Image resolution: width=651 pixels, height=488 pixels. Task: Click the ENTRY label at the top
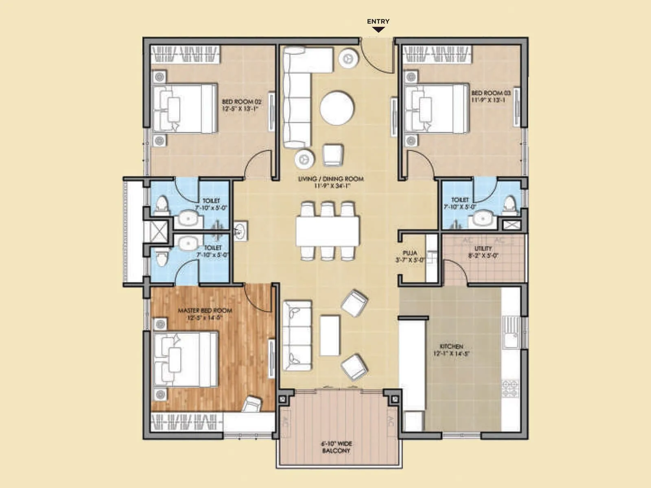pyautogui.click(x=378, y=22)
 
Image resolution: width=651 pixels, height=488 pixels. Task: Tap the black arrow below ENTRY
pyautogui.click(x=378, y=30)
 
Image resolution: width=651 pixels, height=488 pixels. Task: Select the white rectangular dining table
pyautogui.click(x=328, y=231)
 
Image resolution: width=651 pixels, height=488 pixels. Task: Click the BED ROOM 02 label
pyautogui.click(x=241, y=105)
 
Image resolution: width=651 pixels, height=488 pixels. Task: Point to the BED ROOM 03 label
pyautogui.click(x=490, y=96)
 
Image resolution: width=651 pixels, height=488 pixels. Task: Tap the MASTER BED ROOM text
pyautogui.click(x=205, y=314)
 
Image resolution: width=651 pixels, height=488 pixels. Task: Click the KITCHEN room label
pyautogui.click(x=451, y=350)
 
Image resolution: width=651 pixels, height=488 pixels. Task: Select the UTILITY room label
pyautogui.click(x=483, y=252)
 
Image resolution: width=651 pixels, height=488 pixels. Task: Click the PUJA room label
pyautogui.click(x=410, y=256)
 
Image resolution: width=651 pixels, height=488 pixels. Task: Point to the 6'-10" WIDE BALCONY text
pyautogui.click(x=336, y=447)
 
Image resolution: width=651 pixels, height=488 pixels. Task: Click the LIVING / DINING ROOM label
pyautogui.click(x=331, y=182)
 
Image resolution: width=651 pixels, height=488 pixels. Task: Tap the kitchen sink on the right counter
pyautogui.click(x=510, y=332)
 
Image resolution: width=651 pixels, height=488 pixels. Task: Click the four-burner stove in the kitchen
pyautogui.click(x=510, y=388)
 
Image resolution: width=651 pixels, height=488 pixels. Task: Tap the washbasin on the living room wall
pyautogui.click(x=240, y=231)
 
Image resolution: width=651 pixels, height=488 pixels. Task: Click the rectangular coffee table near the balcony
pyautogui.click(x=330, y=335)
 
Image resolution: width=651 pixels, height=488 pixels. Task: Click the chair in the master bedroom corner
pyautogui.click(x=252, y=404)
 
